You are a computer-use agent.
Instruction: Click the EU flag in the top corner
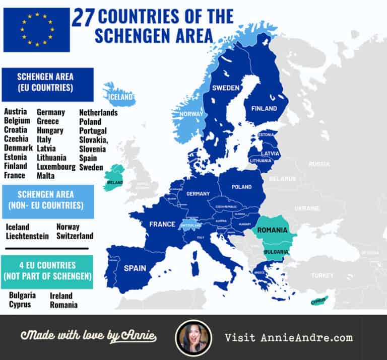[x=36, y=29]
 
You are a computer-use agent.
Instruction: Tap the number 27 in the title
[x=83, y=17]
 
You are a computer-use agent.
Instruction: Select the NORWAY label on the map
[x=191, y=114]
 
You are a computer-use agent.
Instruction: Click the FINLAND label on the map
[x=265, y=108]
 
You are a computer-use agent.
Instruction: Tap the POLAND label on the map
[x=241, y=187]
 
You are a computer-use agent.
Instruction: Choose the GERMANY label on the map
[x=198, y=194]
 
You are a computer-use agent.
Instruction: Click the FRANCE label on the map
[x=162, y=224]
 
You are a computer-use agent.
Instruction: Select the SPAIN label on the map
[x=135, y=268]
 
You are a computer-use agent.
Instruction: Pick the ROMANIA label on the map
[x=272, y=230]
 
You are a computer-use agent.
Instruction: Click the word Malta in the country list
[x=46, y=176]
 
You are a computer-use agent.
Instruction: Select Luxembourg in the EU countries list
[x=55, y=167]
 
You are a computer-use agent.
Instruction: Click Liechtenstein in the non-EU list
[x=27, y=236]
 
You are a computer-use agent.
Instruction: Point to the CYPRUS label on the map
[x=318, y=303]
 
